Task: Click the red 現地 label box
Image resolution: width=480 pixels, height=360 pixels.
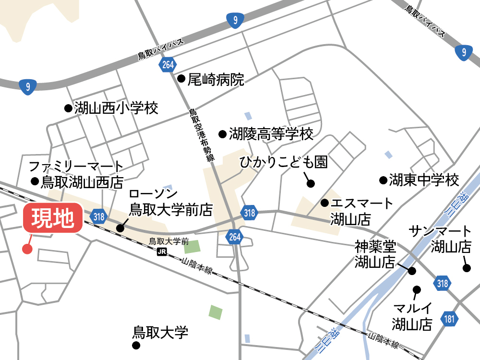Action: pos(53,219)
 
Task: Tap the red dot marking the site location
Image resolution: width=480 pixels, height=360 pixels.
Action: pos(27,249)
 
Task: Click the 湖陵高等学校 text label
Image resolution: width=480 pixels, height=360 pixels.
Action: pos(271,134)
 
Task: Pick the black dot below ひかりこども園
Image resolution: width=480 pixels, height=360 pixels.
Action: pos(311,183)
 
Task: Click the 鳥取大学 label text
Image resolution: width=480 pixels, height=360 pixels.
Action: pos(160,332)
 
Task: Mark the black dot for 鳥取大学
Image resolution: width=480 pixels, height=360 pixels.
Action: pos(136,345)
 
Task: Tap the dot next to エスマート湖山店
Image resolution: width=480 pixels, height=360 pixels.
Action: pos(324,203)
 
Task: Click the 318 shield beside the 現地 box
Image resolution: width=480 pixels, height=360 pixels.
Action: pos(99,217)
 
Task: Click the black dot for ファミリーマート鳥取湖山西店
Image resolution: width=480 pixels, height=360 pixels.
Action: pos(35,181)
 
